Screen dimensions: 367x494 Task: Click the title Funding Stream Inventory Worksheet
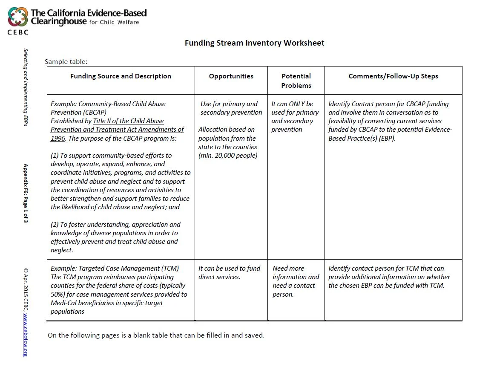coord(254,43)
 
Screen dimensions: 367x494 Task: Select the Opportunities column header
coord(231,76)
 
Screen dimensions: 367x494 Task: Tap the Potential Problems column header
coord(296,81)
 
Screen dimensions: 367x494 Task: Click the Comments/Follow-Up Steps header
coord(393,76)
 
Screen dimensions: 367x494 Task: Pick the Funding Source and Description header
coord(121,76)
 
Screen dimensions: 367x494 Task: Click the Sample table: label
coord(66,61)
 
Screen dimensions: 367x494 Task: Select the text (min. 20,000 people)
coord(228,156)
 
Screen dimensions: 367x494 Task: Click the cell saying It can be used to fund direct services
coord(229,273)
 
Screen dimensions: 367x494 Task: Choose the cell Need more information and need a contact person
coord(296,281)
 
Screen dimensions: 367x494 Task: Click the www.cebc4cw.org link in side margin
coord(26,335)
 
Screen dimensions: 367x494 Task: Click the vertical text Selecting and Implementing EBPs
coord(26,90)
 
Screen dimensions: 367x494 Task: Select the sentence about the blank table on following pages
coord(156,335)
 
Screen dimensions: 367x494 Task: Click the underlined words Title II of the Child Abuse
coord(128,121)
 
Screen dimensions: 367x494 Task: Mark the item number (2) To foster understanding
coord(56,225)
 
